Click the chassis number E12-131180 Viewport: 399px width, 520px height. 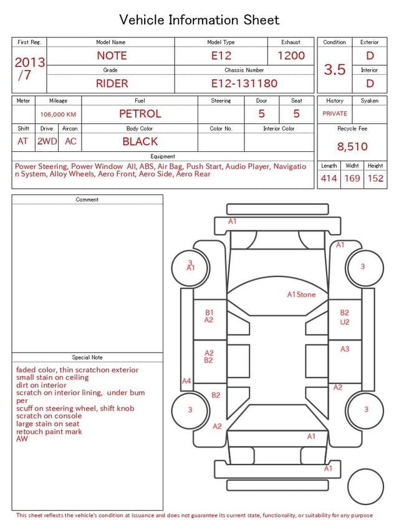pyautogui.click(x=244, y=83)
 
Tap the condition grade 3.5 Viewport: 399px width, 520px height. pyautogui.click(x=335, y=69)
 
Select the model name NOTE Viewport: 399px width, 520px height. pyautogui.click(x=112, y=55)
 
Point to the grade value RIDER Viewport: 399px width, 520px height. pyautogui.click(x=112, y=83)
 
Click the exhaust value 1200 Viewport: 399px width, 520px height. pyautogui.click(x=291, y=55)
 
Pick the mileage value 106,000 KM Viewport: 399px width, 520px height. pyautogui.click(x=58, y=115)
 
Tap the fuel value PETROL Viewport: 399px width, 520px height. pyautogui.click(x=140, y=114)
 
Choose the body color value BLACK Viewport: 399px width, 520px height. pyautogui.click(x=140, y=141)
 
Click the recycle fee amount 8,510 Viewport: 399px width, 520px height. pyautogui.click(x=352, y=146)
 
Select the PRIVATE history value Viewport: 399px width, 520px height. pyautogui.click(x=335, y=113)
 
